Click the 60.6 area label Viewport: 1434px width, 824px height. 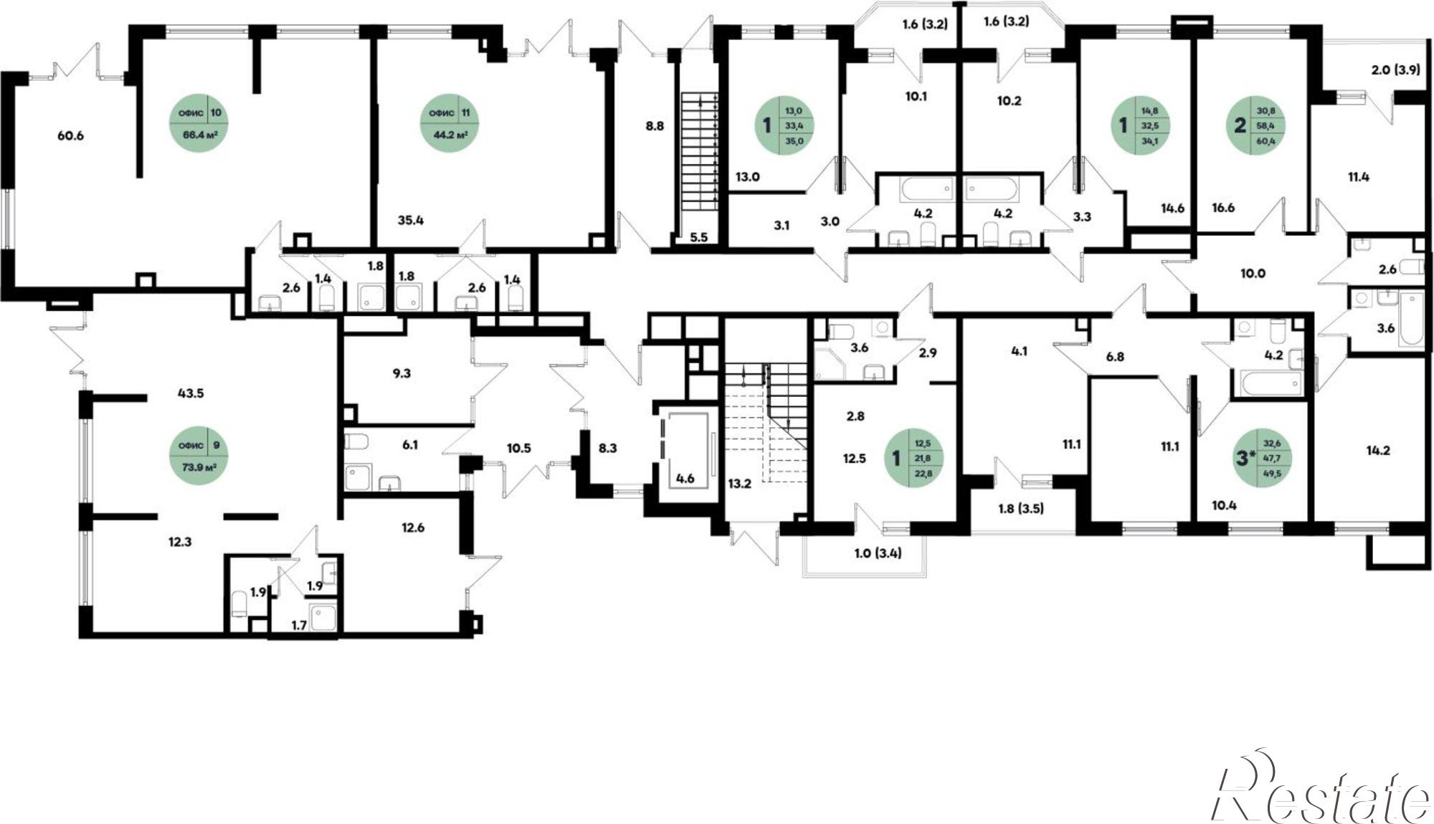click(70, 135)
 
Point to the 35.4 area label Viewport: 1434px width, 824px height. click(411, 220)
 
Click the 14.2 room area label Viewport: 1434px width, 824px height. click(1379, 451)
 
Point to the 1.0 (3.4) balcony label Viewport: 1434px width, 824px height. click(878, 552)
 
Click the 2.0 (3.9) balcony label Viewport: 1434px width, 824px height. click(1396, 70)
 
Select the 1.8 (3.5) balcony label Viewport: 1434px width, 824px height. click(1021, 510)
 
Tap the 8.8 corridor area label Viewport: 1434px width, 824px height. click(655, 125)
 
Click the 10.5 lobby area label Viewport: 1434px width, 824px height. click(518, 449)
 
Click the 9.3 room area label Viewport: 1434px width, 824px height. click(402, 373)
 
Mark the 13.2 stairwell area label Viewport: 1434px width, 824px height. click(739, 484)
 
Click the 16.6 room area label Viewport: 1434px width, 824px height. click(1224, 208)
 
